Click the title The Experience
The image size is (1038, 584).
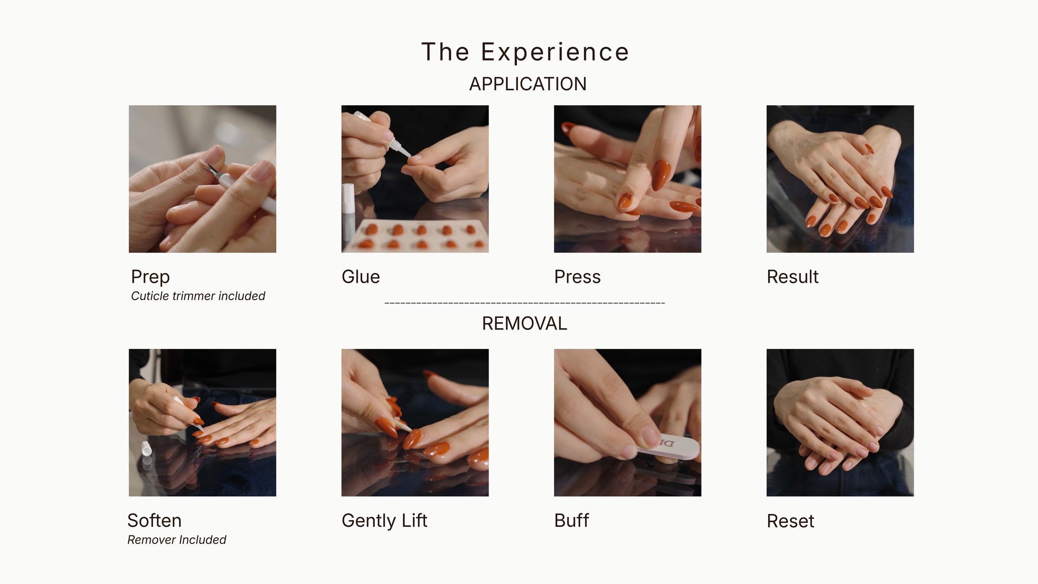[x=525, y=52]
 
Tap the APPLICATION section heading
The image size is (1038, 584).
[x=528, y=84]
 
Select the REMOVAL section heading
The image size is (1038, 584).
[x=525, y=324]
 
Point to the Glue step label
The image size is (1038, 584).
[x=361, y=277]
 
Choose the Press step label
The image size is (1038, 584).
[x=578, y=277]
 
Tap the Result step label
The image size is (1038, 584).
[x=793, y=277]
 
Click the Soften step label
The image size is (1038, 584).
[x=154, y=520]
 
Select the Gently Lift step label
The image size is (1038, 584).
[x=384, y=521]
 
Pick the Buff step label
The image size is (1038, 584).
[x=571, y=520]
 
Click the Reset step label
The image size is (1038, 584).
[x=790, y=521]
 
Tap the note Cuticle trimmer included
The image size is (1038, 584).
[x=198, y=296]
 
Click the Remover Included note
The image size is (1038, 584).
[x=176, y=539]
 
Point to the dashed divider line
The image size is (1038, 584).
[x=525, y=302]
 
